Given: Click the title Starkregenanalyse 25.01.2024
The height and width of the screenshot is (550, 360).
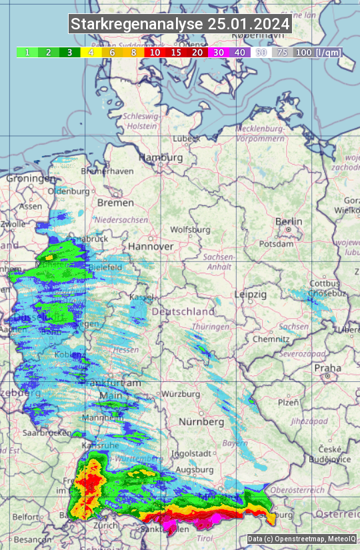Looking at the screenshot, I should (x=180, y=24).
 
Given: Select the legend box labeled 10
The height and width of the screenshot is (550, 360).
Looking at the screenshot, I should (x=154, y=52).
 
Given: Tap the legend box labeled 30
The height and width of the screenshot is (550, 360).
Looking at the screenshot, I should (x=218, y=52).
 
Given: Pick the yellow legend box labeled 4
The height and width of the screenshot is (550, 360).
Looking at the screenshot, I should (x=91, y=52).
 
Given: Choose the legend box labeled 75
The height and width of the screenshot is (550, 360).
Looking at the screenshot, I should (x=282, y=52).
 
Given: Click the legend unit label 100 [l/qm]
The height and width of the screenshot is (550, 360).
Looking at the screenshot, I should (x=317, y=52).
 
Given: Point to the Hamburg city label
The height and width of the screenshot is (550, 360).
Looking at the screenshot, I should (x=161, y=157).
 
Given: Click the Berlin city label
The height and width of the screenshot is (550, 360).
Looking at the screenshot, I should (x=289, y=221).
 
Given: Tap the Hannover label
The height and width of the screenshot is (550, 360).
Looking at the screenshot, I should (x=151, y=246).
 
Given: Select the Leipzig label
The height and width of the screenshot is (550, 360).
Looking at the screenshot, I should (x=251, y=294).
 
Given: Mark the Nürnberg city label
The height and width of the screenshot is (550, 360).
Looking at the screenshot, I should (x=201, y=422).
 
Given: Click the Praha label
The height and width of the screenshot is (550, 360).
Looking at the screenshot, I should (x=327, y=367).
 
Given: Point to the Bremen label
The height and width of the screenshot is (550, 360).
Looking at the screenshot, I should (x=115, y=202).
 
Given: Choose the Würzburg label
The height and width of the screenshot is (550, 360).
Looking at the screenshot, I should (x=181, y=394).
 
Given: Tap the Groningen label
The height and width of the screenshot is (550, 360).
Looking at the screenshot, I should (x=31, y=179).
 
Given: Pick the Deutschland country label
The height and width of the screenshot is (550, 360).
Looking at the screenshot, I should (x=183, y=311).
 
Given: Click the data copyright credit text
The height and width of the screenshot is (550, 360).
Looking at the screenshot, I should (x=301, y=539).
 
